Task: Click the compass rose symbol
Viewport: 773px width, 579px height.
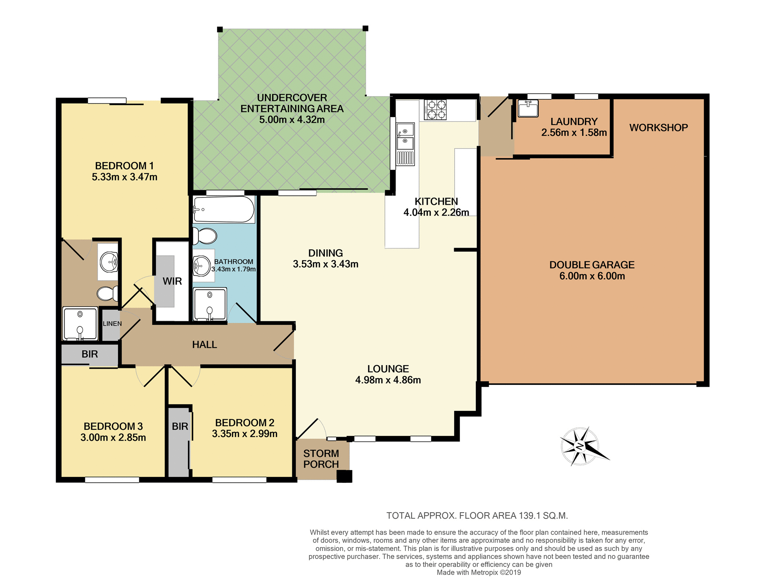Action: point(580,446)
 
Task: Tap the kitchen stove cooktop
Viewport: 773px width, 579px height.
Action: point(435,110)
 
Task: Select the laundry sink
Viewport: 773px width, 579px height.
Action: point(528,108)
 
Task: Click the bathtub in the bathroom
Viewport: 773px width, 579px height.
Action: point(223,209)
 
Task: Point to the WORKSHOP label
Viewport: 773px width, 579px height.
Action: point(658,128)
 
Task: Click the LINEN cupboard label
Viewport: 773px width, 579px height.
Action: point(112,324)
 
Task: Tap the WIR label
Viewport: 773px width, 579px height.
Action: point(172,281)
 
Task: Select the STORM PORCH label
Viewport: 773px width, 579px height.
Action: point(321,459)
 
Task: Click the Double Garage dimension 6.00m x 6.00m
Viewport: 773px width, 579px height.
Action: point(592,276)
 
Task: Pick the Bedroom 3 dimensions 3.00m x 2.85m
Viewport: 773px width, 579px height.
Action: point(113,437)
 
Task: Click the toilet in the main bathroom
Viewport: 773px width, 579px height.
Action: point(205,236)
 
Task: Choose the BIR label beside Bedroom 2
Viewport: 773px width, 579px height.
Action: point(180,427)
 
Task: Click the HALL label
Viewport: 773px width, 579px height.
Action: point(205,345)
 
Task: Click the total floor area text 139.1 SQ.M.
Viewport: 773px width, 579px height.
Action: point(477,515)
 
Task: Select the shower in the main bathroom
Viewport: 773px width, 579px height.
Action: point(210,304)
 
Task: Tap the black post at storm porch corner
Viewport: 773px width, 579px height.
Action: point(344,476)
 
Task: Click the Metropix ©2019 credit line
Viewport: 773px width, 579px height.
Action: point(479,573)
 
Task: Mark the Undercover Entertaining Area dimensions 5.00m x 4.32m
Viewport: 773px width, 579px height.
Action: point(292,120)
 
